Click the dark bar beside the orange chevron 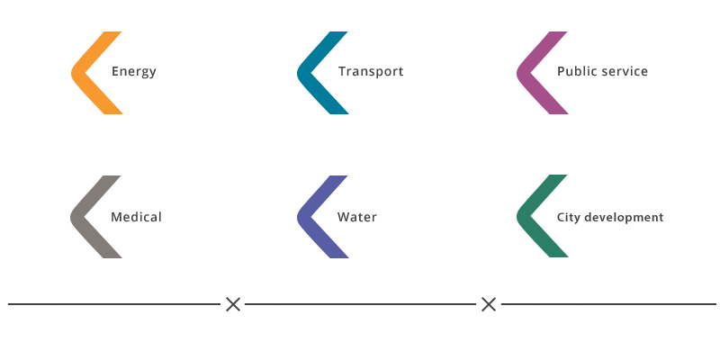pos(140,73)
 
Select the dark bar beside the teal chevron pos(376,73)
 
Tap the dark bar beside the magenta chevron pos(607,71)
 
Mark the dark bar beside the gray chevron pos(144,217)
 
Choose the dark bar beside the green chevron pos(616,218)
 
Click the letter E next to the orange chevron pos(115,71)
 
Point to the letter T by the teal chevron pos(342,71)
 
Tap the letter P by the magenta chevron pos(561,71)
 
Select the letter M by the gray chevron pos(116,217)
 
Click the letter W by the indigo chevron pos(343,217)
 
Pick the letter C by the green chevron pos(561,217)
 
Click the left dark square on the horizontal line pos(233,304)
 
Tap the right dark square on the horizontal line pos(489,304)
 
